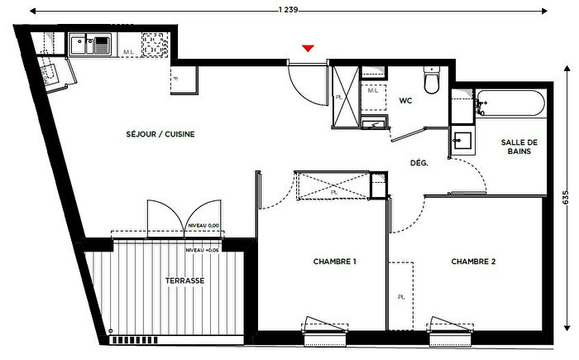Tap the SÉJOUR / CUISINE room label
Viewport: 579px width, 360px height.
tap(160, 134)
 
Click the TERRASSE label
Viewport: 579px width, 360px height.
tap(183, 281)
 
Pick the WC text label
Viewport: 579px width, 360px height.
tap(405, 101)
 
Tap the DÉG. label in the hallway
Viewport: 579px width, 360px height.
tap(419, 164)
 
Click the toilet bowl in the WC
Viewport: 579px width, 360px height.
tap(430, 84)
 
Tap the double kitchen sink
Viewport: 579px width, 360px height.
tap(89, 43)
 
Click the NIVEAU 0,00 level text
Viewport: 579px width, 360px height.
tap(202, 225)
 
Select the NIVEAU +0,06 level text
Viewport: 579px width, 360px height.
tap(202, 250)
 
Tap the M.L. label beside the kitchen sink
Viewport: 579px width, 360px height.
tap(128, 52)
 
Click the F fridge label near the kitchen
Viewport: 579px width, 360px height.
tap(176, 79)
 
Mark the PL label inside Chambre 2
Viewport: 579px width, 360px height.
tap(400, 295)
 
